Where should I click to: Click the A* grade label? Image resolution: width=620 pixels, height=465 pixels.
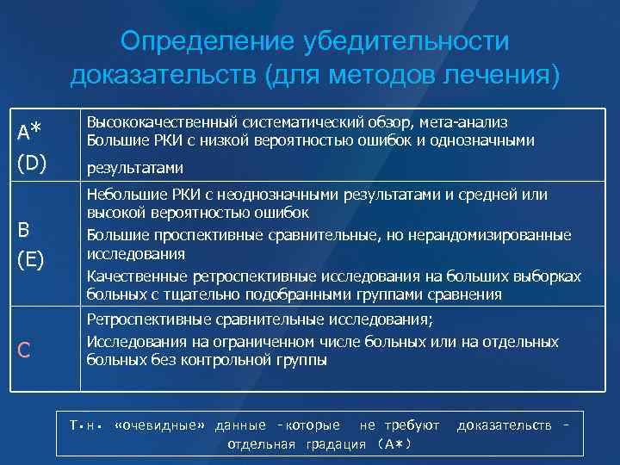point(29,132)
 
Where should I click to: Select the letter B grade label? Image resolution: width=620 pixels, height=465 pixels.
point(23,230)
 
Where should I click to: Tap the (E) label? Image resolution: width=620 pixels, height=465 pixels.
point(31,259)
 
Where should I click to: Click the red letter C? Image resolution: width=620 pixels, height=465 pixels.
point(24,350)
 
